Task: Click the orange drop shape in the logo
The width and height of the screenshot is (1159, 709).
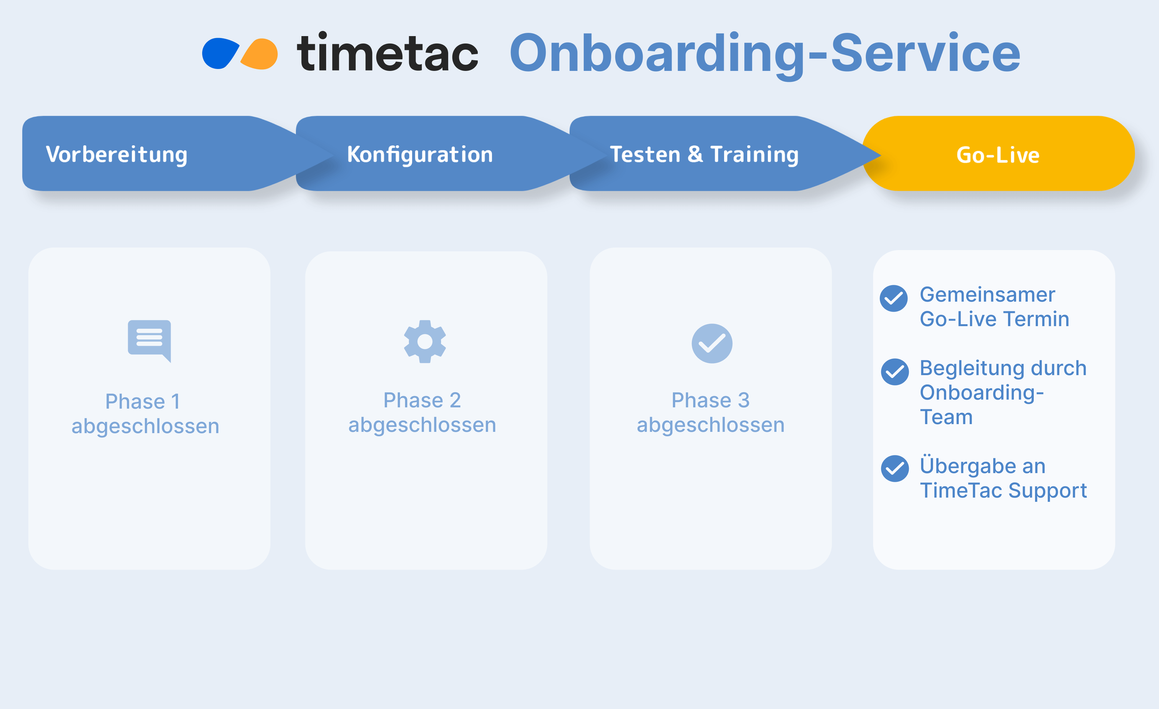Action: (260, 54)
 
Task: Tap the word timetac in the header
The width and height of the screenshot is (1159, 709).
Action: (387, 53)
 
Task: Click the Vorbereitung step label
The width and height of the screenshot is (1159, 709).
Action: (117, 154)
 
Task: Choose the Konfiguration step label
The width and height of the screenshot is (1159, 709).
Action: (419, 154)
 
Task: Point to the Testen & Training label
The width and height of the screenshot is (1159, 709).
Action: (704, 154)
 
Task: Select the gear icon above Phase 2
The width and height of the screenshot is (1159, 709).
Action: (425, 341)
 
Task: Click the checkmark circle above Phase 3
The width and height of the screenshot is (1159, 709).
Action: (712, 343)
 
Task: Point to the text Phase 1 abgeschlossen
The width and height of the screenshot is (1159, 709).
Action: (145, 414)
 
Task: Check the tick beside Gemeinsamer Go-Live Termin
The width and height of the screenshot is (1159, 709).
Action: (893, 298)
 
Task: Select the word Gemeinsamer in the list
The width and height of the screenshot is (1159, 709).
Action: (987, 295)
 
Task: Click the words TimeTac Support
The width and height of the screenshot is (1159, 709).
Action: (1003, 490)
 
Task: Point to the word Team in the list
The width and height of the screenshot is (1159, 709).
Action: (946, 417)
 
